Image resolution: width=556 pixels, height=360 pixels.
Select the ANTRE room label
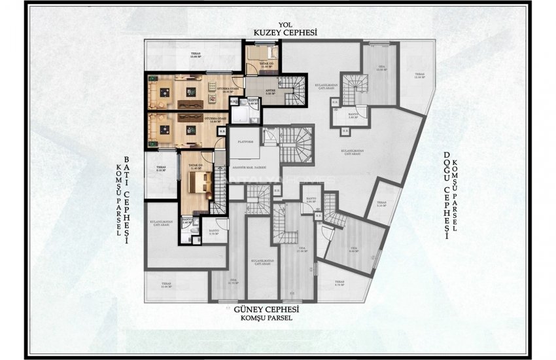(x=268, y=92)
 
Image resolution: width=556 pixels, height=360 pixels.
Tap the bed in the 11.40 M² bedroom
(x=197, y=180)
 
